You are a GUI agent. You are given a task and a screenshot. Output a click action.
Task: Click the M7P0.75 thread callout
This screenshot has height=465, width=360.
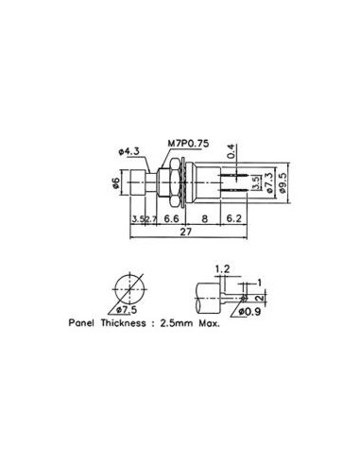point(188,144)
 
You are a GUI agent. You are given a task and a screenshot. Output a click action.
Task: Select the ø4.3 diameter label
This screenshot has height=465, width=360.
point(129,152)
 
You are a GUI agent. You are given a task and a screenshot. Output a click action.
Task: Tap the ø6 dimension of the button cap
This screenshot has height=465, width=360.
point(116,182)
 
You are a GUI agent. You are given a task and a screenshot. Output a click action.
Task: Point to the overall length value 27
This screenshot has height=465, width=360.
point(186,232)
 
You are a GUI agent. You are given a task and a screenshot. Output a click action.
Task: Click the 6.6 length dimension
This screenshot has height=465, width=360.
point(171,218)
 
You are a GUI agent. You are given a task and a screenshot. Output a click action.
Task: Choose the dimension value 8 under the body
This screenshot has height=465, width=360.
point(205,218)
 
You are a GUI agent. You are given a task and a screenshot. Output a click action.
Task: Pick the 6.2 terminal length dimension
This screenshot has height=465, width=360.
point(233,218)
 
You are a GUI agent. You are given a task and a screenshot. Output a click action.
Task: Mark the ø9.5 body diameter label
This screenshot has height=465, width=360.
point(282,182)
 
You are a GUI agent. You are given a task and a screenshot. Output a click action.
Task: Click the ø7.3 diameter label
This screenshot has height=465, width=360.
point(269,182)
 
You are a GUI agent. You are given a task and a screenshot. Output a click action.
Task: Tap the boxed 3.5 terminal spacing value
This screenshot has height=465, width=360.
point(256,182)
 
